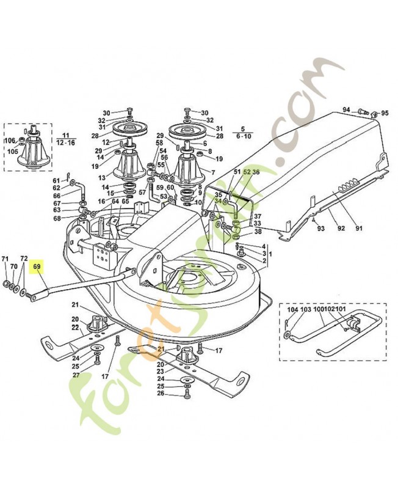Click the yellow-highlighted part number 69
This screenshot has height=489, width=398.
click(37, 267)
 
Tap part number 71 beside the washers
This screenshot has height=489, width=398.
click(6, 259)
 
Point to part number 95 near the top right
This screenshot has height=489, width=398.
click(385, 113)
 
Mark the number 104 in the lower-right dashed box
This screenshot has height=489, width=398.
click(292, 311)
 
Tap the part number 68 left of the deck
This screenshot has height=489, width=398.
click(57, 218)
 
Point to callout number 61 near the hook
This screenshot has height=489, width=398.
click(56, 180)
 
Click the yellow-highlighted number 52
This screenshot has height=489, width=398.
click(247, 173)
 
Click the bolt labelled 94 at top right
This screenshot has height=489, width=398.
click(363, 109)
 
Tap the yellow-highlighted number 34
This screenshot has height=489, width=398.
click(218, 202)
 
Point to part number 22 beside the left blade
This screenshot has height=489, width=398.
click(75, 328)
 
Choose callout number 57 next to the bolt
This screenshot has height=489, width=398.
click(142, 193)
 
